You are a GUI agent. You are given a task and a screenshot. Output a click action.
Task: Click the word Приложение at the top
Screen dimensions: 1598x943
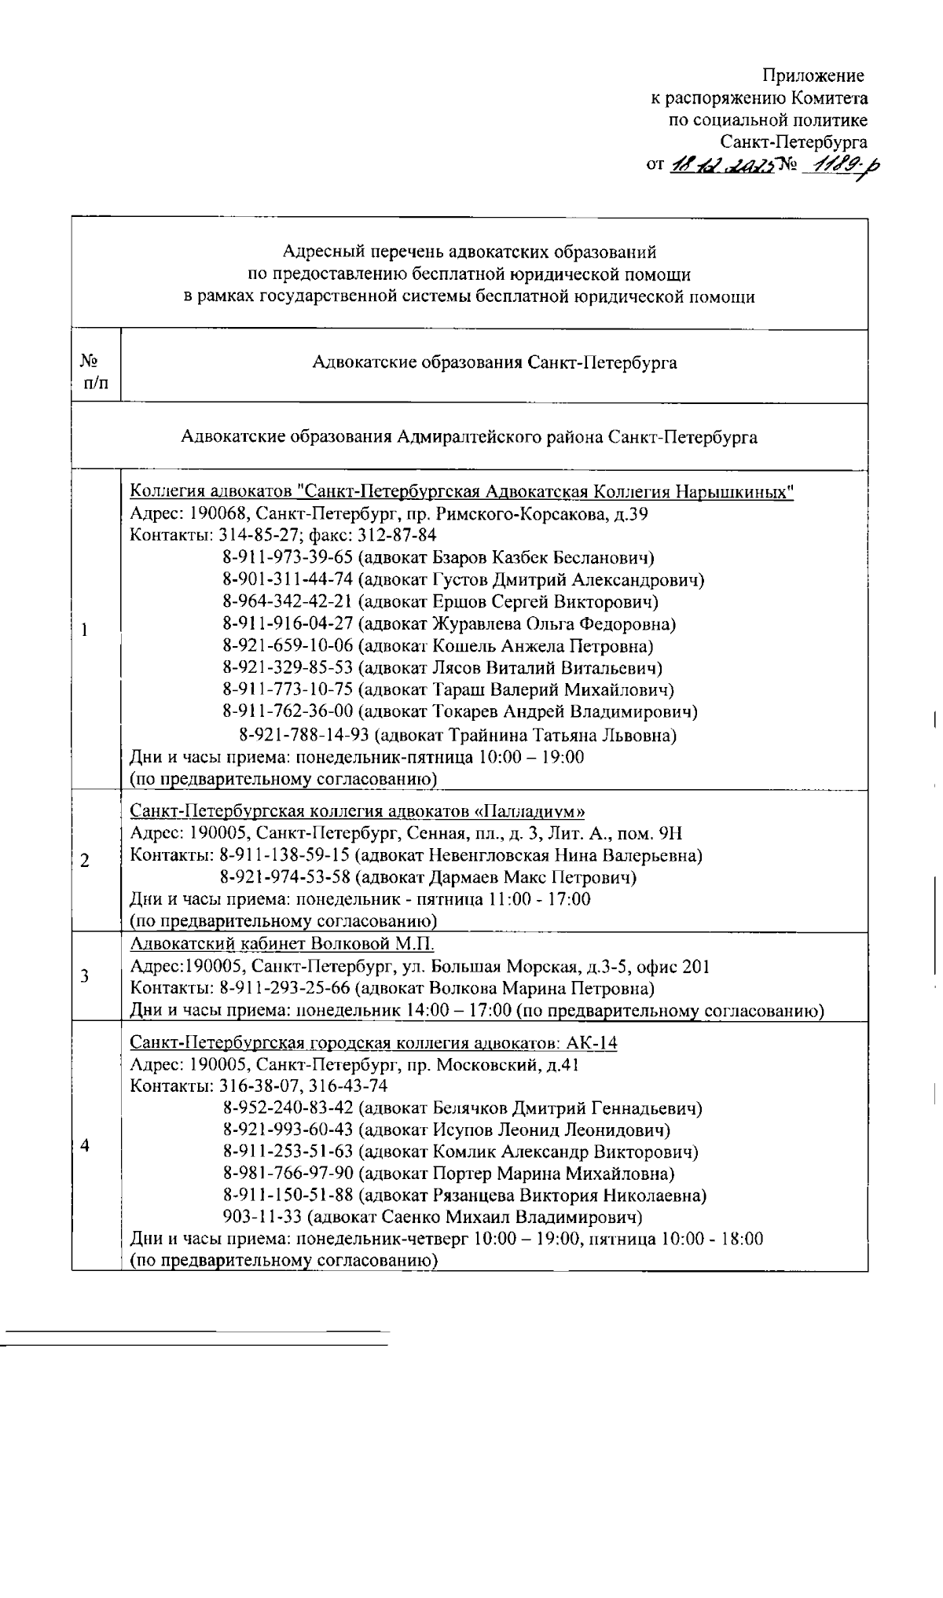813,75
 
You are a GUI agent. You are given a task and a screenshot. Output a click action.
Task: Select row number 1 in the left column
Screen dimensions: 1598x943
84,630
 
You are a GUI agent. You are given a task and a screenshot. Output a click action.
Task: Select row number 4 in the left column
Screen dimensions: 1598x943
85,1145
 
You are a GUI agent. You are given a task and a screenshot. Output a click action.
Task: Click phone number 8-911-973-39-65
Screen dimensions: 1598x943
288,558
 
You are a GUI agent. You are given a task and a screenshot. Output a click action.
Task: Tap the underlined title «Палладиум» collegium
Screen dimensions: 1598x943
358,811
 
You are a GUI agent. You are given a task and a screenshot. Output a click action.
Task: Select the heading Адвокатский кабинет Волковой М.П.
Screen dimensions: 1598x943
281,944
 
